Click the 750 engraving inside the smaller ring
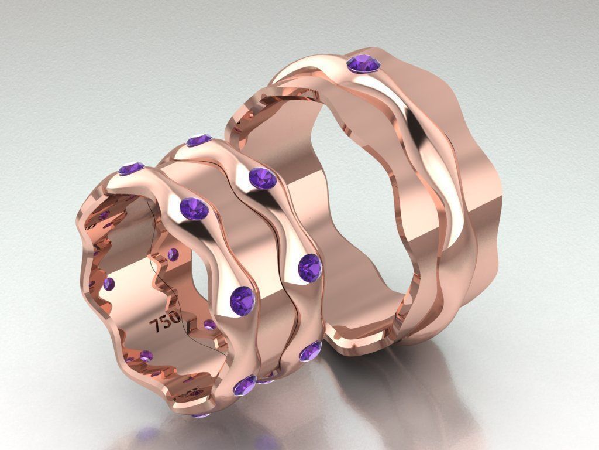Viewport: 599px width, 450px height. [166, 322]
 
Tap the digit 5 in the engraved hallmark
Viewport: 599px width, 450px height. [166, 322]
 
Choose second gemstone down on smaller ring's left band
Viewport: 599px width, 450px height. [194, 208]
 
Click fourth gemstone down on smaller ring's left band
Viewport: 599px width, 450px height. [245, 385]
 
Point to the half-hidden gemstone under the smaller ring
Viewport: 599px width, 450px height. [200, 414]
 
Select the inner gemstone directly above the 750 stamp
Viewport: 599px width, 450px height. [173, 254]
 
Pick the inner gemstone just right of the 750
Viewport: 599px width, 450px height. [209, 324]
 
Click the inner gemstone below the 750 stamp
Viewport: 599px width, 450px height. [146, 355]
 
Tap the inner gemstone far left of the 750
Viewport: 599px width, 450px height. [109, 284]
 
